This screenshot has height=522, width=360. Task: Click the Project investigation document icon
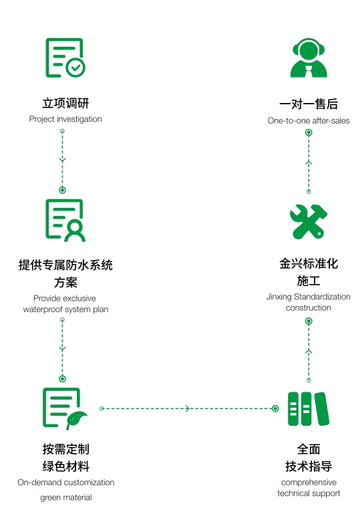65,58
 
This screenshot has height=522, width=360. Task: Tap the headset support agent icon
309,58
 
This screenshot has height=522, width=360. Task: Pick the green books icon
309,408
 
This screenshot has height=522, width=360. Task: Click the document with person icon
65,219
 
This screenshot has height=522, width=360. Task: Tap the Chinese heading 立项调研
65,104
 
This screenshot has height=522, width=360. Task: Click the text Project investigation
65,119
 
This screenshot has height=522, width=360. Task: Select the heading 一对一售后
309,104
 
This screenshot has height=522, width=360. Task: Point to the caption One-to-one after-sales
309,121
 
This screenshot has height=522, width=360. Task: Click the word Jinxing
280,297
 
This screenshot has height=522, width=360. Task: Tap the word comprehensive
309,482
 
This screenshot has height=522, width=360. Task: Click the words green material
65,497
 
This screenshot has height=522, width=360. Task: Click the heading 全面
309,449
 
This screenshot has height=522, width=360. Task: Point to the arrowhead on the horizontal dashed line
188,408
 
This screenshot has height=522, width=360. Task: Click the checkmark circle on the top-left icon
75,67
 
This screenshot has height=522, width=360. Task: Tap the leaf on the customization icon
77,419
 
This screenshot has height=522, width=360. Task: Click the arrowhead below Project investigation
63,160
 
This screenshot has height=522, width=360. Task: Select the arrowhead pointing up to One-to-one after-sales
309,162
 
